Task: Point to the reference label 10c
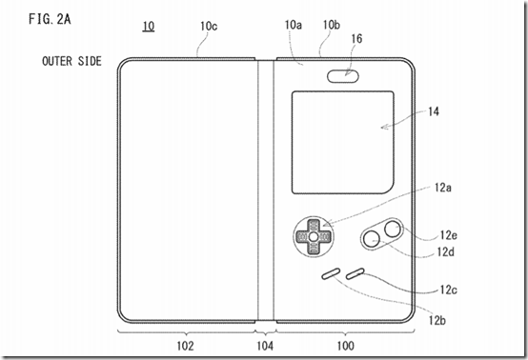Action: coord(209,28)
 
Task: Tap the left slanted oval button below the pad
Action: coord(330,274)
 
